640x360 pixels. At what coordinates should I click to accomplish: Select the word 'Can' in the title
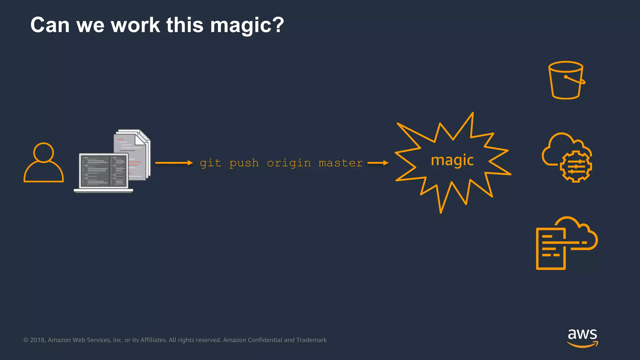pyautogui.click(x=50, y=25)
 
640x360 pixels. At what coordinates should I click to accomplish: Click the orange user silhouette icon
pyautogui.click(x=43, y=162)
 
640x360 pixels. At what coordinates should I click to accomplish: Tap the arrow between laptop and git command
pyautogui.click(x=174, y=163)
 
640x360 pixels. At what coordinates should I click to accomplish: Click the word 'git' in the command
pyautogui.click(x=210, y=163)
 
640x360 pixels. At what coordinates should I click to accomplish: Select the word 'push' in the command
pyautogui.click(x=244, y=163)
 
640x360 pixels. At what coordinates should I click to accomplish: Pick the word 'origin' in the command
pyautogui.click(x=289, y=163)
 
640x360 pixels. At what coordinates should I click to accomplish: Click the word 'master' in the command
pyautogui.click(x=341, y=163)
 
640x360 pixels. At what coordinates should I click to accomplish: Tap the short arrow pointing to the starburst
pyautogui.click(x=378, y=163)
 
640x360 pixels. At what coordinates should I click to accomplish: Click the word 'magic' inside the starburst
pyautogui.click(x=452, y=161)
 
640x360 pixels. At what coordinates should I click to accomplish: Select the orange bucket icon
pyautogui.click(x=566, y=80)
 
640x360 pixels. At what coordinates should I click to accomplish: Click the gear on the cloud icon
pyautogui.click(x=576, y=166)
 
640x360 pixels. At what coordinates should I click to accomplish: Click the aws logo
pyautogui.click(x=582, y=337)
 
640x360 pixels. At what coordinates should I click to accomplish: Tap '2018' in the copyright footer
pyautogui.click(x=37, y=340)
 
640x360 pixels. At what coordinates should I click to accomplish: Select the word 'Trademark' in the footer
pyautogui.click(x=311, y=340)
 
